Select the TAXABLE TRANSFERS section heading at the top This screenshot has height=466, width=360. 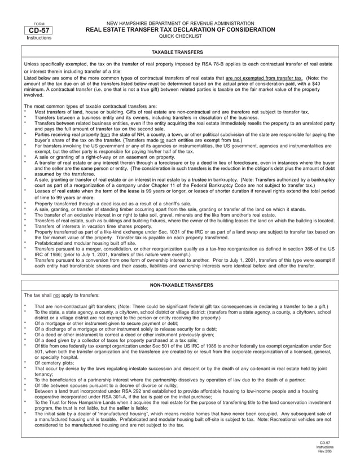click(x=179, y=52)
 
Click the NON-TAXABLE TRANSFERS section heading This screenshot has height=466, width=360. click(x=179, y=285)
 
